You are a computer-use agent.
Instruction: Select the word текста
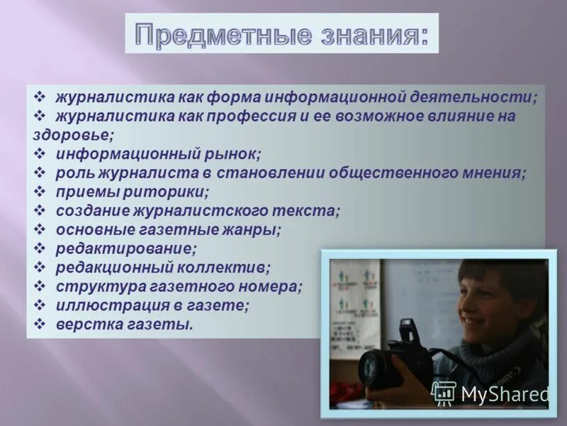(310, 211)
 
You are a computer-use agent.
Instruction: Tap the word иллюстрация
(103, 306)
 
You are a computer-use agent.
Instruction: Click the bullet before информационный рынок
(40, 153)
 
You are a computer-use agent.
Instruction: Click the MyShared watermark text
(503, 393)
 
